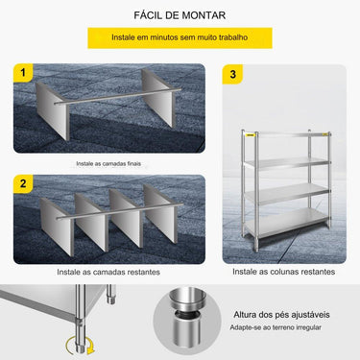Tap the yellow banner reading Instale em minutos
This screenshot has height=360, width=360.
coord(180,37)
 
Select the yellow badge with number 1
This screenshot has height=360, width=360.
coord(23,73)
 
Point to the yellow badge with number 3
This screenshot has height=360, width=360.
coord(231,73)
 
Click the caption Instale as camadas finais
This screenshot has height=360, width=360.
coord(109,164)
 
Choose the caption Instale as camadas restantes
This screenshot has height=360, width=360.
coord(109,272)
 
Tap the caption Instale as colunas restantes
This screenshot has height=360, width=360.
coord(284,272)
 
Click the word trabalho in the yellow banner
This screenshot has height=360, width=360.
coord(228,37)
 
